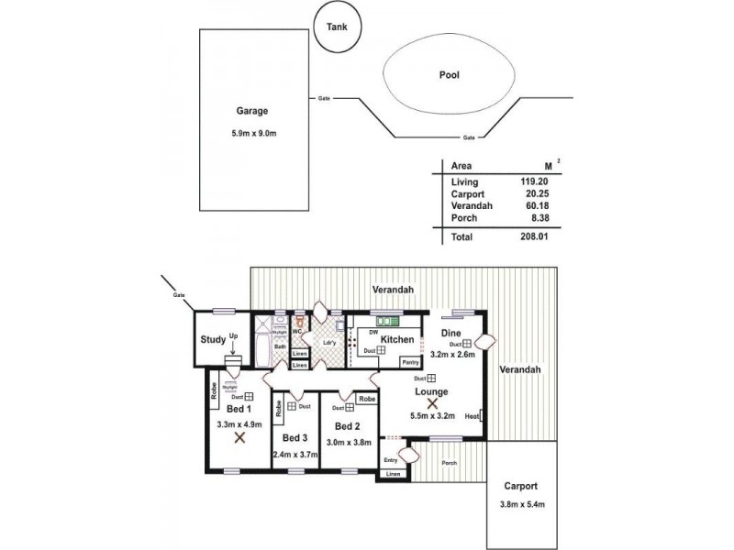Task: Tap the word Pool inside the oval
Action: click(449, 76)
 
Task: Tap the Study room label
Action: click(213, 340)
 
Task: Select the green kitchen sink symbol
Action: click(385, 322)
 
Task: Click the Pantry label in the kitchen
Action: click(410, 362)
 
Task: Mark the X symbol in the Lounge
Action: click(432, 401)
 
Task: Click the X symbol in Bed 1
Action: click(239, 438)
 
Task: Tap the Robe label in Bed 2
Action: click(366, 399)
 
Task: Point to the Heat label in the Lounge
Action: click(472, 414)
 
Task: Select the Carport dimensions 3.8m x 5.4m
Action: click(519, 502)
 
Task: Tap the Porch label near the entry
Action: click(450, 462)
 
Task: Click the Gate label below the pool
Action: click(469, 137)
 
